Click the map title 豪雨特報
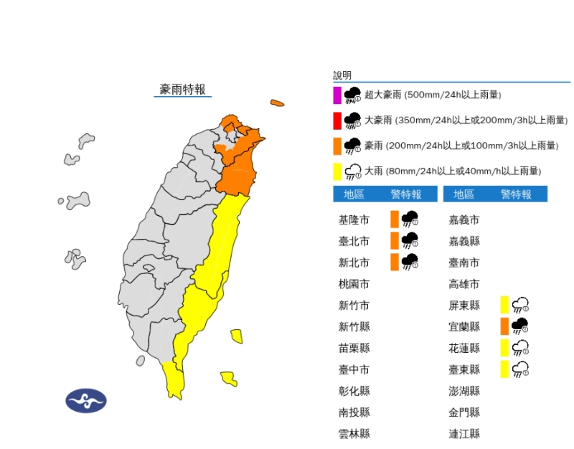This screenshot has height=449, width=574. tap(182, 89)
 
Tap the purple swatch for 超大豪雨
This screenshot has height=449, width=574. tap(337, 95)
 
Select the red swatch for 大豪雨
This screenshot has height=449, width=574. tap(337, 120)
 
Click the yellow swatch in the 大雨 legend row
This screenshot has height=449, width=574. tap(337, 171)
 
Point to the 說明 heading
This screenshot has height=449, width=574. tap(342, 75)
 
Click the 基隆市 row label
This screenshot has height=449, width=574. tap(354, 219)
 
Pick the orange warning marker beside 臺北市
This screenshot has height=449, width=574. tap(395, 240)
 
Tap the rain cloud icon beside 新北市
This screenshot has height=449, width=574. tap(410, 262)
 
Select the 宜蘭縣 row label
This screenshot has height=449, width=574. tap(464, 326)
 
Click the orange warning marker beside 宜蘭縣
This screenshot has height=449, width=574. tap(505, 326)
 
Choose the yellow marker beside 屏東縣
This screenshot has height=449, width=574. tap(505, 305)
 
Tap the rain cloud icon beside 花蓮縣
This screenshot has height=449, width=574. tap(521, 348)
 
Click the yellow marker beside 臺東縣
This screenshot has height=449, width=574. tap(505, 369)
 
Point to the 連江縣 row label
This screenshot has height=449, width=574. tap(464, 433)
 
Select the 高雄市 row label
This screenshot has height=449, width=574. tap(464, 284)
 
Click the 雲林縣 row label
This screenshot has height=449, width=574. tap(354, 433)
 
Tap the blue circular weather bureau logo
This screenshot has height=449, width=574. tap(86, 401)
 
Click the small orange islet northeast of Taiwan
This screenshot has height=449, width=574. tap(277, 103)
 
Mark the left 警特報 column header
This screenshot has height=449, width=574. tap(405, 194)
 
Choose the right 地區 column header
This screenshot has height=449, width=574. tap(464, 194)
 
